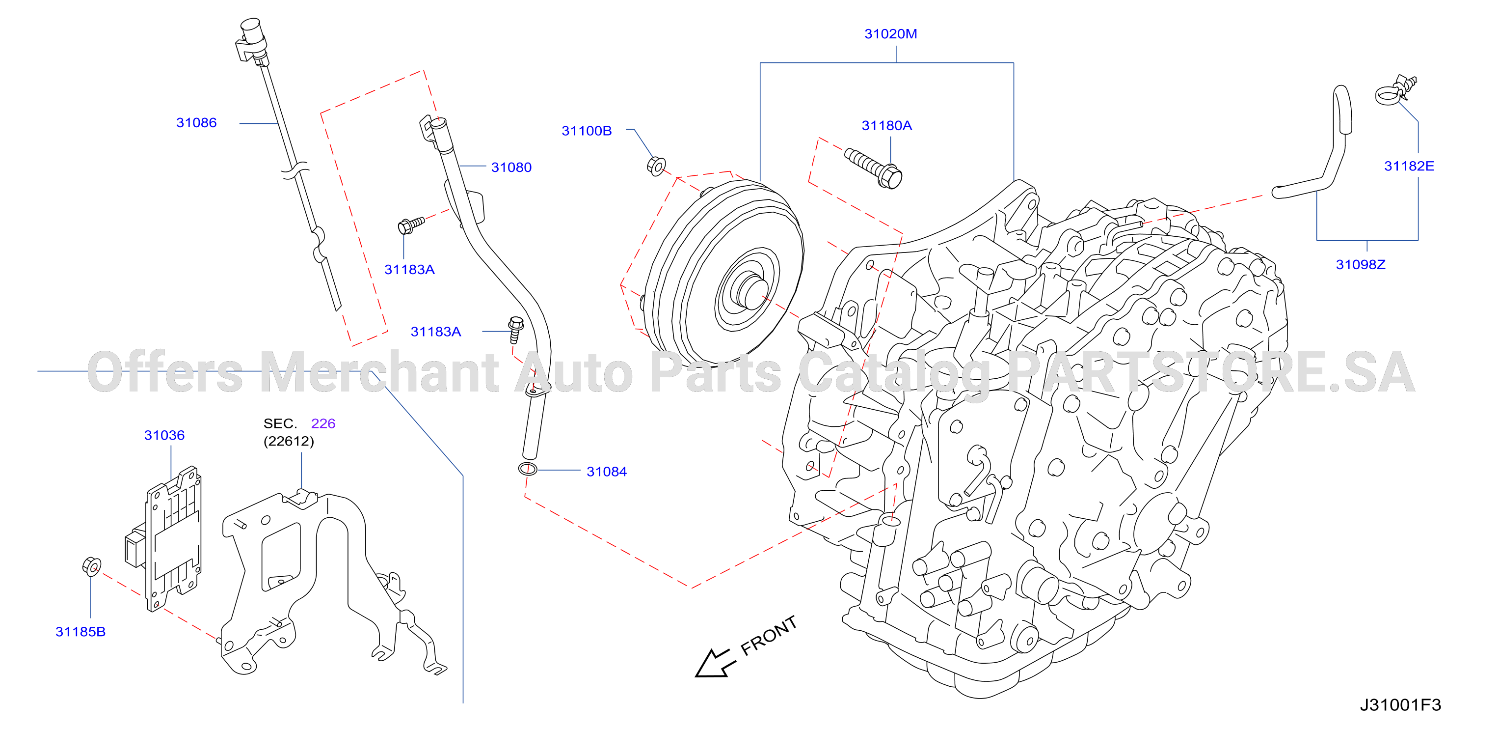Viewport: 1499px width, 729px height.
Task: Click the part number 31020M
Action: (x=890, y=34)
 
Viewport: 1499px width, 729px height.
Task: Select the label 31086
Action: (x=196, y=123)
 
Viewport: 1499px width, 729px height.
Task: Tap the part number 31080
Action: (x=511, y=168)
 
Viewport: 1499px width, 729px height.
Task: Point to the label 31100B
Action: (x=587, y=131)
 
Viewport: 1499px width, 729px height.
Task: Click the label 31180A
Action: (x=886, y=126)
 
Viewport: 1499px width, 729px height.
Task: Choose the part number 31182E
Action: (x=1409, y=167)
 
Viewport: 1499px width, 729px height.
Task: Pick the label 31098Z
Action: (x=1361, y=265)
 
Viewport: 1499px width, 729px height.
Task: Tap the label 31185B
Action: (x=80, y=632)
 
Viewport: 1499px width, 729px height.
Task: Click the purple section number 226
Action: (x=323, y=423)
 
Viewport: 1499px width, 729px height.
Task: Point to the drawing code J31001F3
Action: (x=1400, y=705)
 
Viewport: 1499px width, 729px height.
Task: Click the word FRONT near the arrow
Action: (x=768, y=635)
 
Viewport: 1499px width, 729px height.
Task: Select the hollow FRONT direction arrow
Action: (x=714, y=663)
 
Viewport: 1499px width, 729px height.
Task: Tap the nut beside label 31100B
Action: (x=656, y=166)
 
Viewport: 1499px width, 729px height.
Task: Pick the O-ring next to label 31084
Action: (x=528, y=469)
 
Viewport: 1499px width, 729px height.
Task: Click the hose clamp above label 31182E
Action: (x=1395, y=91)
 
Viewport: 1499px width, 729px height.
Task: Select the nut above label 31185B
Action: (x=91, y=566)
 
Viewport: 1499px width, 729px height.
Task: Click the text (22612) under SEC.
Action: (x=289, y=441)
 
